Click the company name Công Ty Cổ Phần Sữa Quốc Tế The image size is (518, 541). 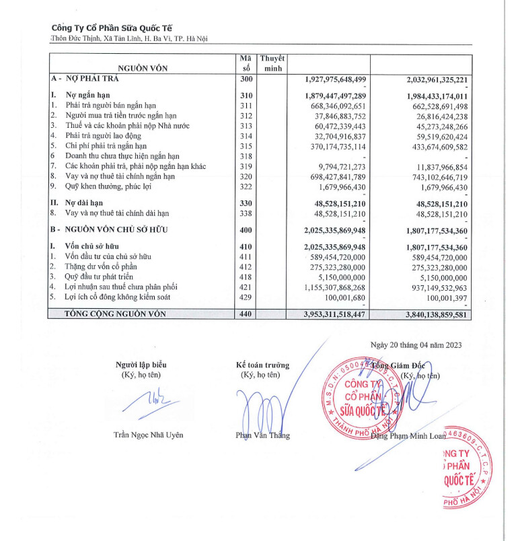tap(112, 28)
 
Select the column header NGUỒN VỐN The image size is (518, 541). tap(143, 68)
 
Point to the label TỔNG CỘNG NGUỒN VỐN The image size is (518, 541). tap(124, 314)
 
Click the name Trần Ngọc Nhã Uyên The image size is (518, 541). tap(148, 435)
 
